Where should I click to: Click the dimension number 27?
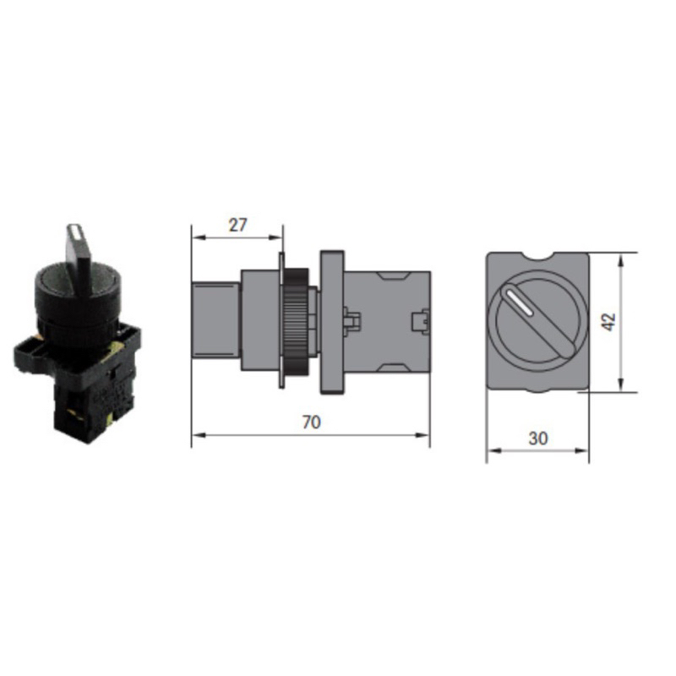[237, 225]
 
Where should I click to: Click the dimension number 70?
[311, 422]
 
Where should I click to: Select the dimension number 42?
[608, 322]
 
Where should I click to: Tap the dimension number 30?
[538, 439]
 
